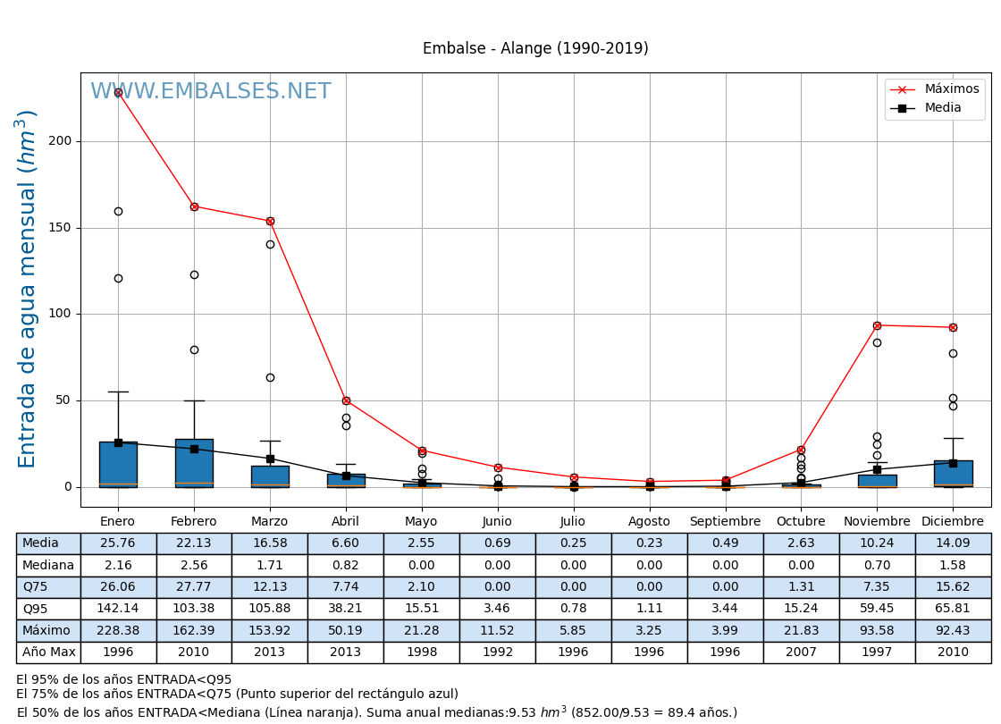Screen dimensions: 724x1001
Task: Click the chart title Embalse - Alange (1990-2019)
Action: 535,49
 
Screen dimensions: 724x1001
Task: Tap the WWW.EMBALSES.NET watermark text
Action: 211,92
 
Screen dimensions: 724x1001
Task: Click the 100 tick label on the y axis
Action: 60,314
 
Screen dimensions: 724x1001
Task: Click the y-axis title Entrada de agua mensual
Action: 28,289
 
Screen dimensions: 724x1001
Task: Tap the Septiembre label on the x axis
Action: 725,522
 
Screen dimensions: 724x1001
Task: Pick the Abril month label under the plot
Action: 346,522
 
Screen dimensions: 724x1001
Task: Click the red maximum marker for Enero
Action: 118,93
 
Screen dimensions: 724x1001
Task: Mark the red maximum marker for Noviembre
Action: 877,325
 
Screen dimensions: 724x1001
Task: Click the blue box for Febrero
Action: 194,463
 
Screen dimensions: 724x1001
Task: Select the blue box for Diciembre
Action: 953,474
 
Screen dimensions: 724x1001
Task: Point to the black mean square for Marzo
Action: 270,459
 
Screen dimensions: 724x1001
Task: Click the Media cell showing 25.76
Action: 118,543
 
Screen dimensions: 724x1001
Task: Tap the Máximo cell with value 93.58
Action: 877,631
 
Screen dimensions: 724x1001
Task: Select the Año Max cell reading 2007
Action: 801,652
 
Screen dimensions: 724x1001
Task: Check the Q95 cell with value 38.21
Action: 346,609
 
